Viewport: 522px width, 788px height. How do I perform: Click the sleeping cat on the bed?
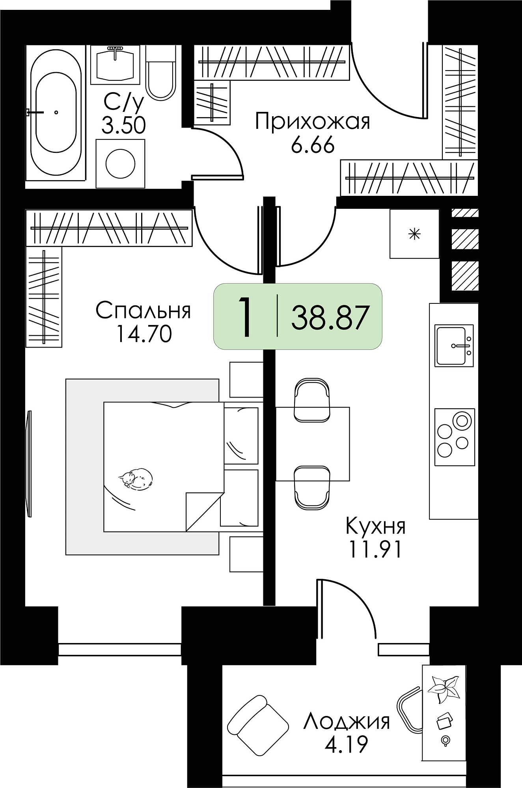[136, 479]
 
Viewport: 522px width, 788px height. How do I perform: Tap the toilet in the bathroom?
[161, 73]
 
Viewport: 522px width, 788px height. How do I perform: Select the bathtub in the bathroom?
[56, 112]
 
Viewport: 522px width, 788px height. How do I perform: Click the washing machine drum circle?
[121, 163]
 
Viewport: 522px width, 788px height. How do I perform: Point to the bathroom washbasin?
[115, 65]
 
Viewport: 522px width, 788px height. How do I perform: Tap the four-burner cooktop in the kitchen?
[455, 437]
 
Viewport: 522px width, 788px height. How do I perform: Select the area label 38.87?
[330, 318]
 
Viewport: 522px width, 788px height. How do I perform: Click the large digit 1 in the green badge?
[245, 317]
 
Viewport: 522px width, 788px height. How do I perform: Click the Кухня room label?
[375, 526]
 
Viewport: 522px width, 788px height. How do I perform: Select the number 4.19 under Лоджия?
[347, 744]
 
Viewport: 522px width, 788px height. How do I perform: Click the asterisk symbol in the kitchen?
[414, 234]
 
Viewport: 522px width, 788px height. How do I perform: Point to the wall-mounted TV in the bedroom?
[28, 463]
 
